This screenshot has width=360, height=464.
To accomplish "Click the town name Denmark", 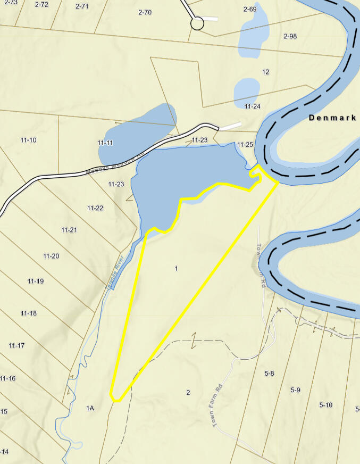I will point(332,118).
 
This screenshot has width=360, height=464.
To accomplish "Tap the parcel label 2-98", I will point(290,36).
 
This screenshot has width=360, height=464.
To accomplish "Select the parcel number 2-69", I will point(250,9).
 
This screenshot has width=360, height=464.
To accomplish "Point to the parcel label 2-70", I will point(145,12).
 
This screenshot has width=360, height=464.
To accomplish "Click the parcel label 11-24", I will point(253,106).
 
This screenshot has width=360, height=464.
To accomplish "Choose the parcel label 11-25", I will point(245,145).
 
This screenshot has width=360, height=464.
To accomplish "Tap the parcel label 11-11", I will point(105,143).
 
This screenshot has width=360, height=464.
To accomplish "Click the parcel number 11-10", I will point(29,140).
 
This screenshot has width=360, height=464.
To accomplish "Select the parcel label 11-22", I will point(95,208).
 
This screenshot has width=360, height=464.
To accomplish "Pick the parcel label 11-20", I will point(51,256).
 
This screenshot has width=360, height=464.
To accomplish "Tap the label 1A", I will point(90,408).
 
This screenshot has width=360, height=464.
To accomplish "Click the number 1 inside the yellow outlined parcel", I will point(176,269).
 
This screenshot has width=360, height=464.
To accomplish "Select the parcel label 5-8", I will point(269,374).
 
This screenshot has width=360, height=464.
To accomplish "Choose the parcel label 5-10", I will point(325,405).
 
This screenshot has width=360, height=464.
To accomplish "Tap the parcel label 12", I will point(266,72).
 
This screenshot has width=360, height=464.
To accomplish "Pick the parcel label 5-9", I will point(296,390).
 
